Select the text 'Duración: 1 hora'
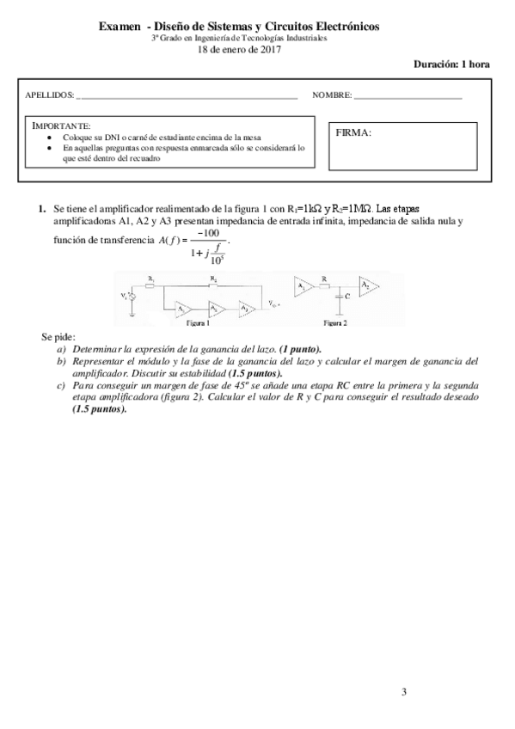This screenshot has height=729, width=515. pos(451,64)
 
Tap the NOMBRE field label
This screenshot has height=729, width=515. pos(331,94)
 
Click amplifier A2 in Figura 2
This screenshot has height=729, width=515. pos(367,284)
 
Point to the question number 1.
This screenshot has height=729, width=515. pos(40,209)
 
